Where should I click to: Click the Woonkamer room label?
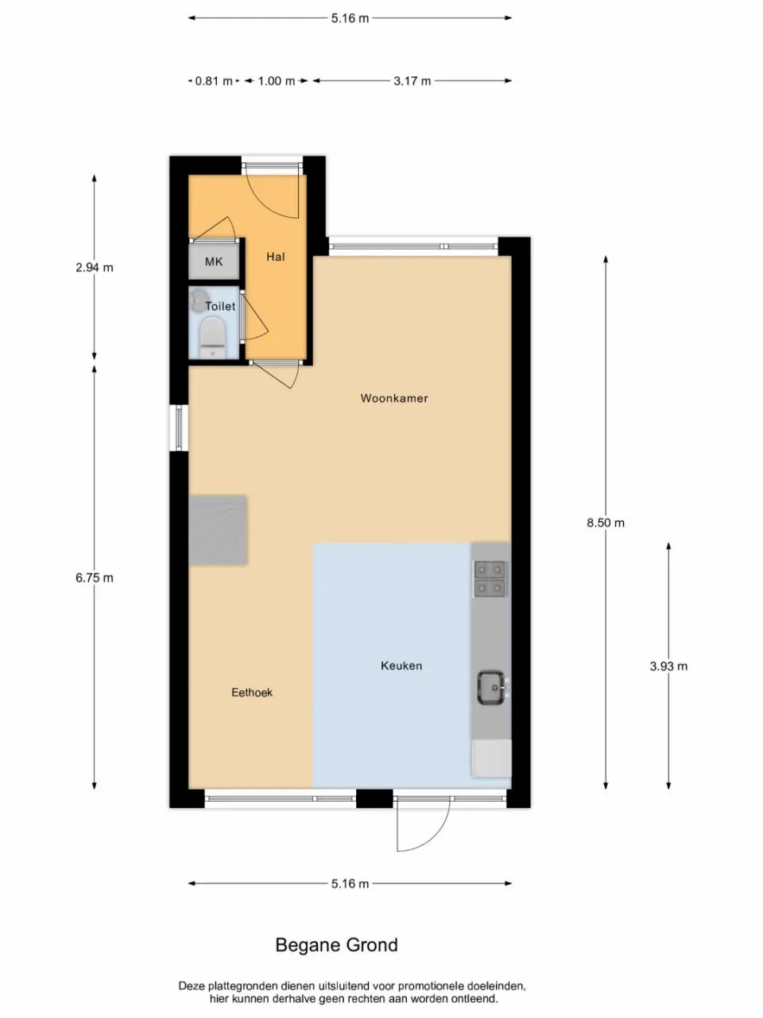pyautogui.click(x=394, y=398)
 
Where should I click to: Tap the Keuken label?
pyautogui.click(x=401, y=666)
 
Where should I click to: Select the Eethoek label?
pyautogui.click(x=252, y=693)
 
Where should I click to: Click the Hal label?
pyautogui.click(x=276, y=257)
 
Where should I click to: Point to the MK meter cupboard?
pyautogui.click(x=214, y=262)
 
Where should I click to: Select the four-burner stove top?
pyautogui.click(x=490, y=578)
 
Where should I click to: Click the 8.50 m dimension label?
pyautogui.click(x=606, y=523)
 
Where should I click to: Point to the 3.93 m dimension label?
pyautogui.click(x=668, y=666)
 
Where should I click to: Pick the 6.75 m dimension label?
pyautogui.click(x=95, y=578)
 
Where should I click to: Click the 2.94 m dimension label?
pyautogui.click(x=95, y=267)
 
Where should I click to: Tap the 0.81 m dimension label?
pyautogui.click(x=214, y=81)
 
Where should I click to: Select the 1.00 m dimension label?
pyautogui.click(x=276, y=81)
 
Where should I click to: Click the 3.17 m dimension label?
pyautogui.click(x=412, y=81)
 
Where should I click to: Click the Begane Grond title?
pyautogui.click(x=337, y=945)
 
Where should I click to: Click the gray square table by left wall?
pyautogui.click(x=218, y=530)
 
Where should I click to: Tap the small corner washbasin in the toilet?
pyautogui.click(x=196, y=300)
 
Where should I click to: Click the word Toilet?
pyautogui.click(x=220, y=306)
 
